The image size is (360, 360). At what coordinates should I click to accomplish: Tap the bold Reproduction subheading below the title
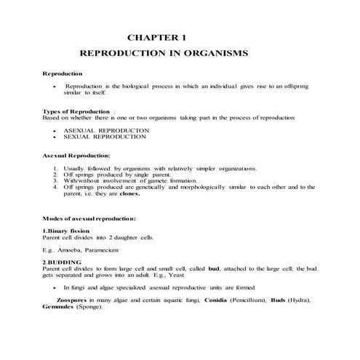63,74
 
